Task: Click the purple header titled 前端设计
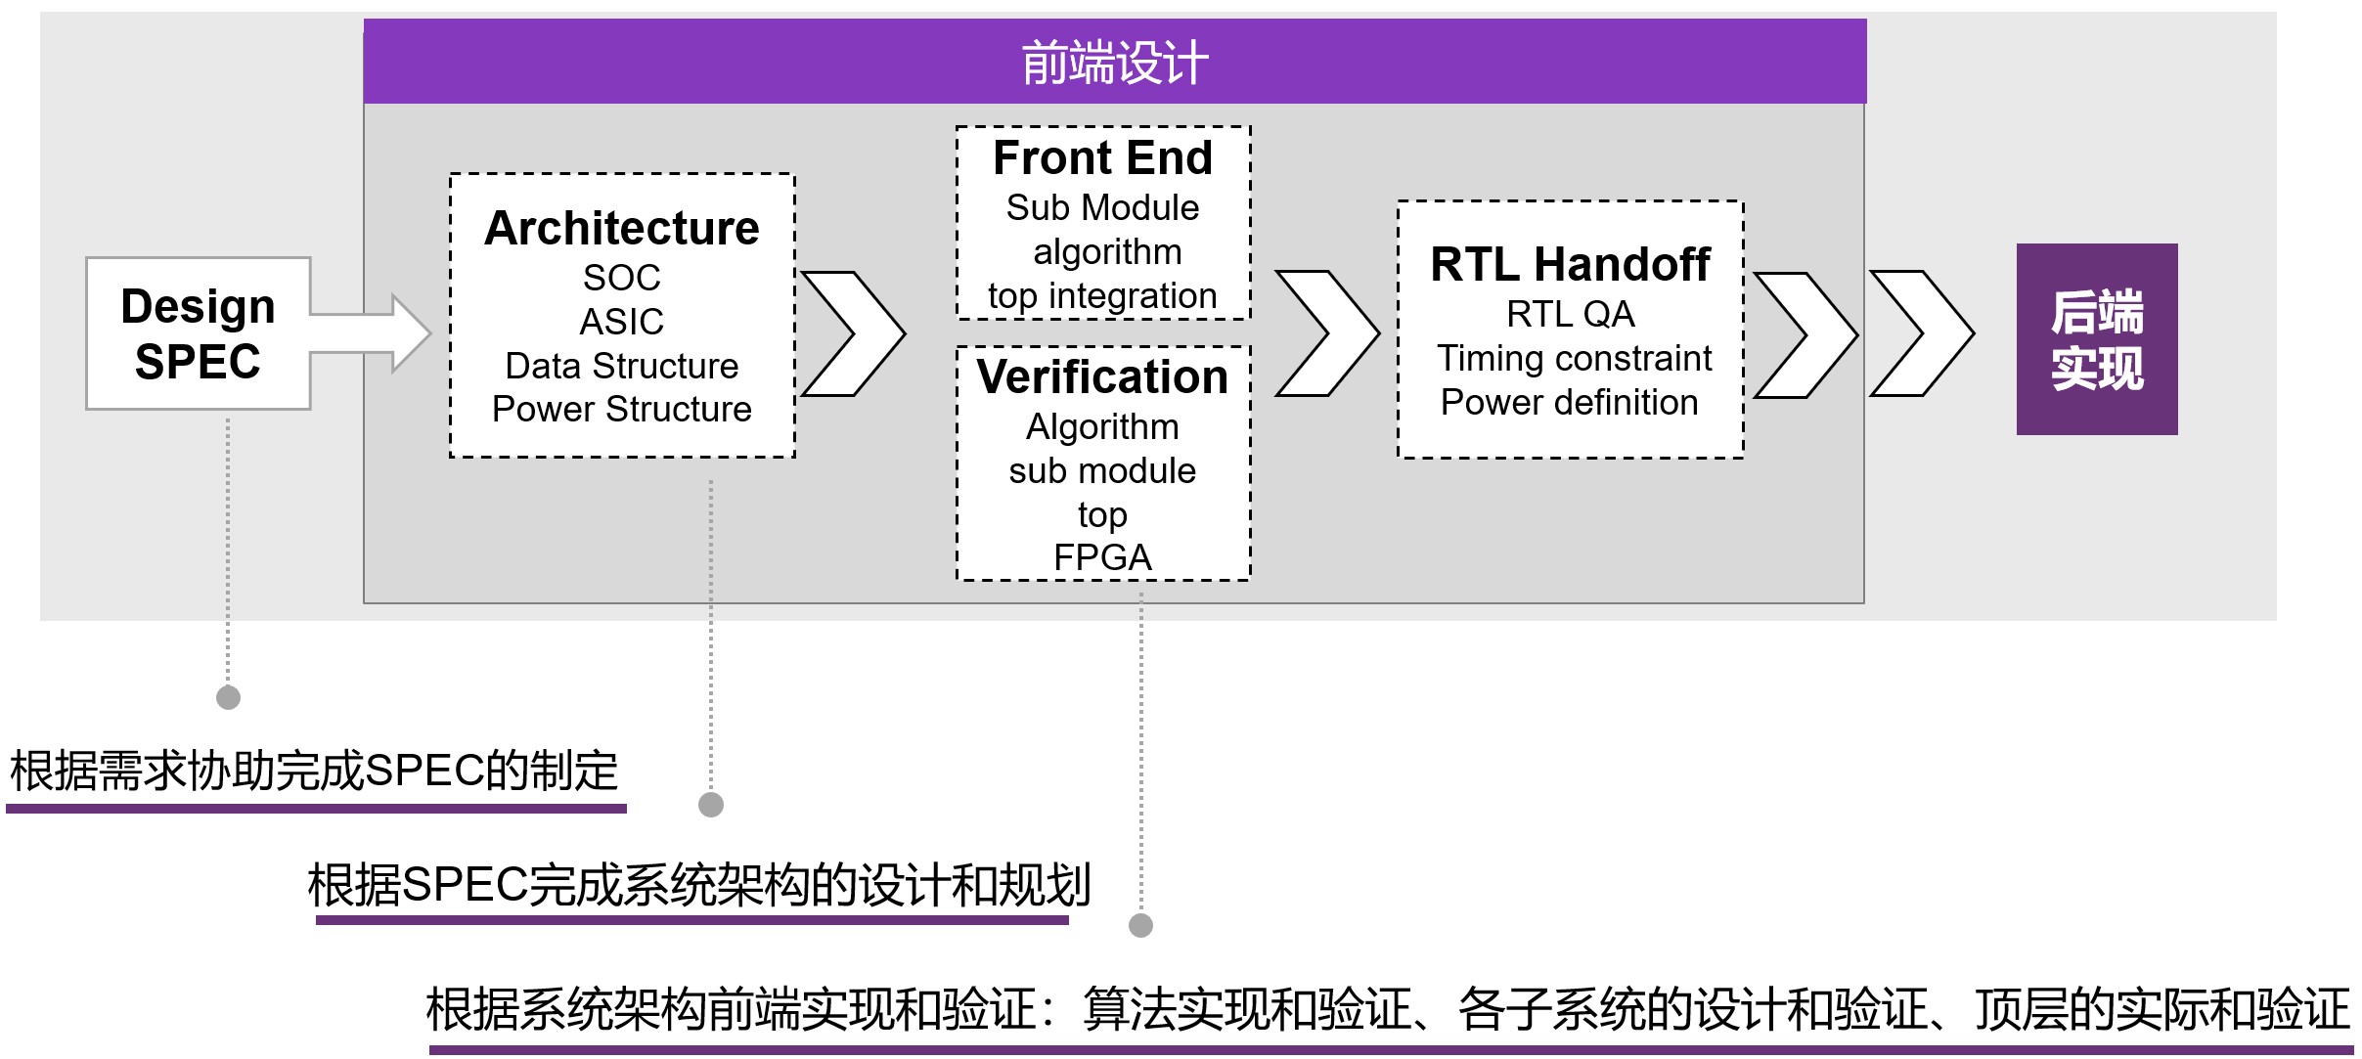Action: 1114,62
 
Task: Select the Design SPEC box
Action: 198,333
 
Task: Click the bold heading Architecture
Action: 622,228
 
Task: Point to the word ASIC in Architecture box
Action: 622,322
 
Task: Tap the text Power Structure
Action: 622,409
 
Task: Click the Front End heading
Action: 1102,157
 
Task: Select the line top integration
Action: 1102,295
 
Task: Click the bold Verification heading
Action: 1102,376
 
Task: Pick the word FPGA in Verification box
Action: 1102,557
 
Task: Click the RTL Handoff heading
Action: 1570,264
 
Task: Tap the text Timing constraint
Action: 1574,358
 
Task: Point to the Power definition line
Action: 1569,402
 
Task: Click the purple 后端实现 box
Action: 2096,339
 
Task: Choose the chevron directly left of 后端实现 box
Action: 1922,333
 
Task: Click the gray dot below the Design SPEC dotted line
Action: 228,697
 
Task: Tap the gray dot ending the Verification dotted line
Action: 1140,925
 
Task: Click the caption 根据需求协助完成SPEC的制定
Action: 314,772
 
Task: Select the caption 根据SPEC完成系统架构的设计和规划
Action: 698,886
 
